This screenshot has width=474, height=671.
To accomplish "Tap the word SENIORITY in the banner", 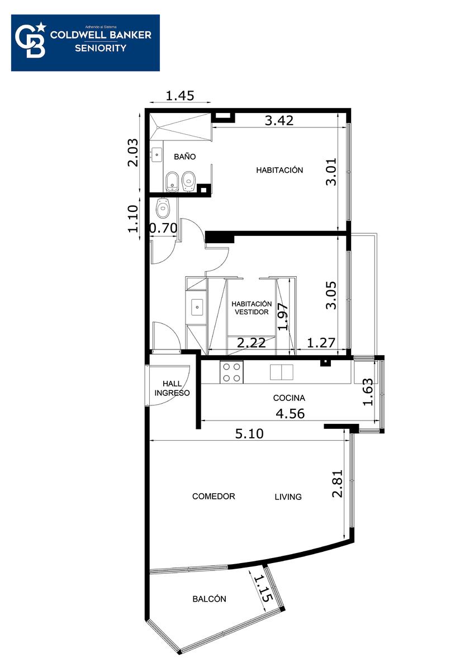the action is click(x=101, y=48).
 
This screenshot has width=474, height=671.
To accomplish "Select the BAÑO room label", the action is click(x=185, y=157).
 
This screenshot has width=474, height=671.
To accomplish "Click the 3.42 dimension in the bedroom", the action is click(x=279, y=120).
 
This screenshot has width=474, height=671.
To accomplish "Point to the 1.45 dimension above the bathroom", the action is click(x=179, y=96).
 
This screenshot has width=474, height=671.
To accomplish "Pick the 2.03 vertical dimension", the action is click(x=133, y=153).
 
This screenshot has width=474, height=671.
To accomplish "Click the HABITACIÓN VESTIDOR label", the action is click(x=252, y=308).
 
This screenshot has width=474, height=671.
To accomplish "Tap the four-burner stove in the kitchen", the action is click(x=231, y=372).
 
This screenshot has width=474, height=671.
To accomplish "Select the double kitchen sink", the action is click(x=282, y=372).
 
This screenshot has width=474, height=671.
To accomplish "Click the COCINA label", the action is click(x=289, y=398).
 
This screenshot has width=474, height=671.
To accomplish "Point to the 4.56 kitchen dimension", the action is click(x=290, y=414).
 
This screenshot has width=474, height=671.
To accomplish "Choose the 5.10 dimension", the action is click(x=249, y=433).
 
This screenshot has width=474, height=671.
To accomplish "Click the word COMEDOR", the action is click(x=214, y=497).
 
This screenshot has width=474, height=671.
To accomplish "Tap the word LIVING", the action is click(x=288, y=497).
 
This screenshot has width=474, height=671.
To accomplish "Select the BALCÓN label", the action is click(x=209, y=599).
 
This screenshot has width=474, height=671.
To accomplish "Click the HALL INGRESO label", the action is click(x=172, y=388).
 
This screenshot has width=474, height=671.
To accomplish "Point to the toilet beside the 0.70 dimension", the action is click(x=163, y=207).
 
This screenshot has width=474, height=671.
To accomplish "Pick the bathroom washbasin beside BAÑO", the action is click(x=156, y=154).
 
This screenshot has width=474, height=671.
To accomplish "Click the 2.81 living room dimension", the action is click(x=337, y=484).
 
